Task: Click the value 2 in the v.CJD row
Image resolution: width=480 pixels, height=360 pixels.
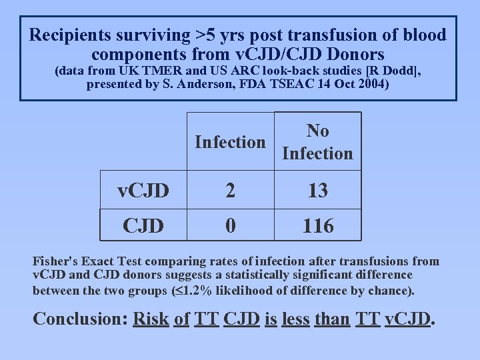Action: (230, 191)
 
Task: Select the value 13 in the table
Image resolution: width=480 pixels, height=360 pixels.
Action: (317, 191)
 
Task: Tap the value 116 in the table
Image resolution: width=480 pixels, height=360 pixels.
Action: (317, 226)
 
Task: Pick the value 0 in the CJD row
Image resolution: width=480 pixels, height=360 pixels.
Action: (230, 226)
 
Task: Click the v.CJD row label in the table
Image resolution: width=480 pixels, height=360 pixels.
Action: (143, 191)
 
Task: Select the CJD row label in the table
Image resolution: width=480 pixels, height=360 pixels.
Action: (143, 226)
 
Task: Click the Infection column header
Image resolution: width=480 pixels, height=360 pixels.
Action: (230, 142)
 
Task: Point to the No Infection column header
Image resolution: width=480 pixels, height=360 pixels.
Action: (317, 142)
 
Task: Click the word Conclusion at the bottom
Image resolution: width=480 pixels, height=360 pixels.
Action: (77, 319)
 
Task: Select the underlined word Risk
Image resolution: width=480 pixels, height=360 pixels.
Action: (151, 319)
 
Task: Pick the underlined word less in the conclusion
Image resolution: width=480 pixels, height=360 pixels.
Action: (295, 319)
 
